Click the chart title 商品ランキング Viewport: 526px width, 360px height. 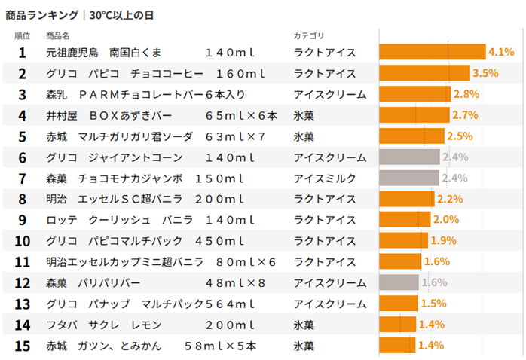41,14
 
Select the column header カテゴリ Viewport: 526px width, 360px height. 308,35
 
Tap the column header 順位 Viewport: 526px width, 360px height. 22,35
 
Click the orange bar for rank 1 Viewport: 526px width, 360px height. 432,52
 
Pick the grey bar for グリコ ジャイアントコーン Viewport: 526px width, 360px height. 408,157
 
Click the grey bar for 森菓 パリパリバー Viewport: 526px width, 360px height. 399,282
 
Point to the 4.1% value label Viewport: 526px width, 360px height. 501,52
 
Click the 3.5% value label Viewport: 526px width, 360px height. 485,73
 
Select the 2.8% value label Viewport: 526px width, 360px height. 466,94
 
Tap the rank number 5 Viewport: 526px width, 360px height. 22,136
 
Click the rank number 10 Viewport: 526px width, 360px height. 22,241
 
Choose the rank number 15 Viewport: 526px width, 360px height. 22,346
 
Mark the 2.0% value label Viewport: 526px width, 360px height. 446,220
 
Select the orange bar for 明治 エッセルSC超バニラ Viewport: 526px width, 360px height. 406,199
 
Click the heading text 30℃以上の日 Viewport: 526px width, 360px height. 124,14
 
